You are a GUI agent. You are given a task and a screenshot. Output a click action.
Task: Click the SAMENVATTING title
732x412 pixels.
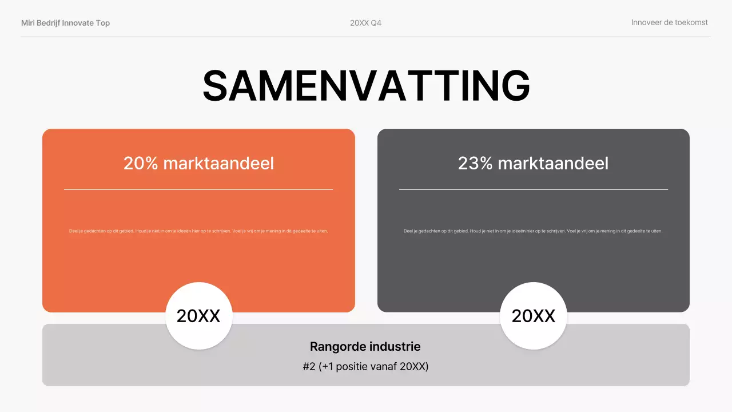tap(366, 86)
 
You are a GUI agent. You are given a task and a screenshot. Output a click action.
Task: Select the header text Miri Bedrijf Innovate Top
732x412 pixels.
tap(65, 23)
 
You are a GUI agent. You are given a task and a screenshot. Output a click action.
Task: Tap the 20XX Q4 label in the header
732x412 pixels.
tap(365, 23)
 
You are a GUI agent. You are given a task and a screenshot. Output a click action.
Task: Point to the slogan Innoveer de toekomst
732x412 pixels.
tap(669, 22)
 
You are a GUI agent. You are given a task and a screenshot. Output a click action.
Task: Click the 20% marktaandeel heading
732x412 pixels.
tap(198, 163)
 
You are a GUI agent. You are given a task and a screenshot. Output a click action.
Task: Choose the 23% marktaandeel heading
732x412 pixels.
tap(533, 163)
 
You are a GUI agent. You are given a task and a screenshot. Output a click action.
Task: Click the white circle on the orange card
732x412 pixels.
tap(198, 316)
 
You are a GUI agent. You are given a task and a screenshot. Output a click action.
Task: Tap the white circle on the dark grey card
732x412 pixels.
tap(533, 316)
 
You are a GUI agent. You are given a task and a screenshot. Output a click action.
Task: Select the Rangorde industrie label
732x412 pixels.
tap(365, 346)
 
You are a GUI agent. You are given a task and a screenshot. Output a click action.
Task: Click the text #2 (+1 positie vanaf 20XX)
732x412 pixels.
tap(365, 366)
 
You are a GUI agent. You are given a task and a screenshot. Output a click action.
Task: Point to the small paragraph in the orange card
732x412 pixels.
tap(198, 231)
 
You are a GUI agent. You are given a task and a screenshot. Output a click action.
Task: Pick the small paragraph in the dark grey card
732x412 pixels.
tap(533, 231)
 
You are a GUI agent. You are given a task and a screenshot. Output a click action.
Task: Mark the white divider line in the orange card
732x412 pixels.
tap(198, 189)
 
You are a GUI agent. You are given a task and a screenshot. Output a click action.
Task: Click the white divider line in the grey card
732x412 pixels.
tap(533, 189)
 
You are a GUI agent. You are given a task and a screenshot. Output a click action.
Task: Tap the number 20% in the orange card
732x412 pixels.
tap(141, 163)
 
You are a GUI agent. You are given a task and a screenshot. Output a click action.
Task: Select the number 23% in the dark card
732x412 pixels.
tap(475, 163)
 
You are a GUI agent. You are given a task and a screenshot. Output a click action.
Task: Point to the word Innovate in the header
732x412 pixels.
tap(78, 23)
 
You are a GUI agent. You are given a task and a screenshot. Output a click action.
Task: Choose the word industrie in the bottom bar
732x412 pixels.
tap(395, 346)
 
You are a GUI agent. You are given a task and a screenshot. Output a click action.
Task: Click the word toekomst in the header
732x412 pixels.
tap(690, 22)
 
